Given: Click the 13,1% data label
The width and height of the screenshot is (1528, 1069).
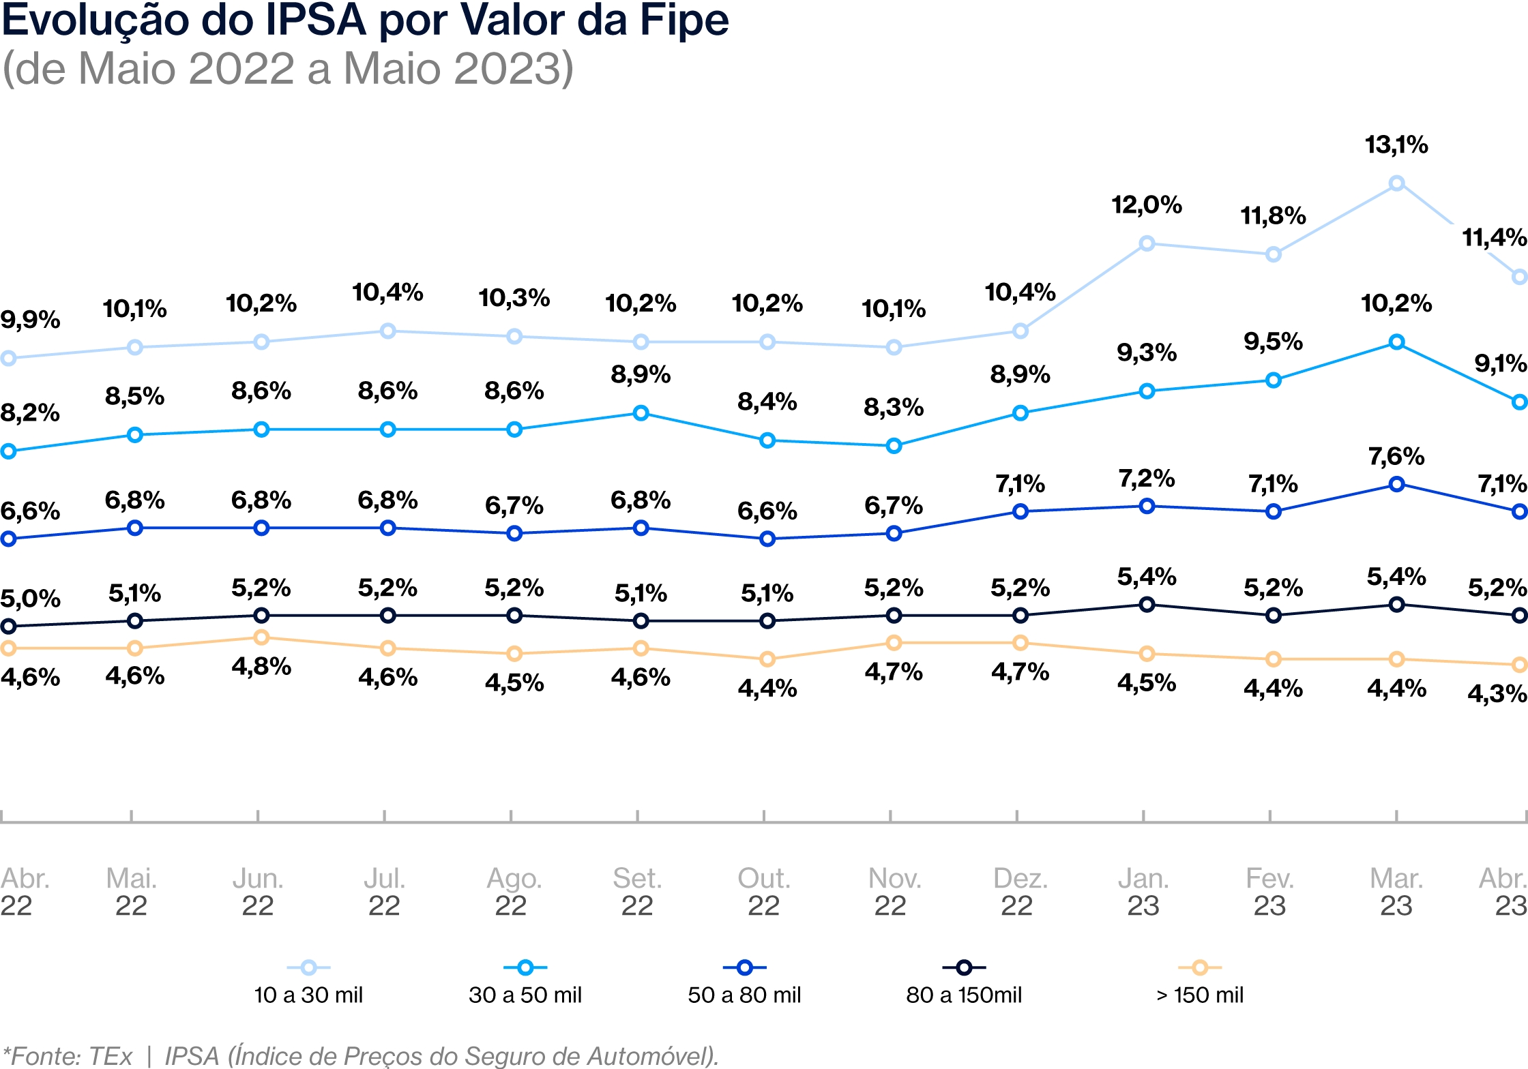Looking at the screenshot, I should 1396,145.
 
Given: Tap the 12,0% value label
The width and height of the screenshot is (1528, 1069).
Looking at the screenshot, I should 1147,205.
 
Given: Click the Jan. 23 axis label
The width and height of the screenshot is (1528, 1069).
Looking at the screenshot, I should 1143,892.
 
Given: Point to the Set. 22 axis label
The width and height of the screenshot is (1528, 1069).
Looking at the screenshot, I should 637,892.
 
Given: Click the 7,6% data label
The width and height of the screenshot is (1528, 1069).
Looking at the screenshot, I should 1396,456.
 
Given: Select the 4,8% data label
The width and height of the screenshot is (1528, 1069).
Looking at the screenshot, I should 261,666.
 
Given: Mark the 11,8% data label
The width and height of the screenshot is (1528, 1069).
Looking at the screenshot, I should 1273,216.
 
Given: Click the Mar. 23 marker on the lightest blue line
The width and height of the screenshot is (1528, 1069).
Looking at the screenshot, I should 1396,183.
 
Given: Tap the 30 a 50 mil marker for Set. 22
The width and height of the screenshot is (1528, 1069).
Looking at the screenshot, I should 641,413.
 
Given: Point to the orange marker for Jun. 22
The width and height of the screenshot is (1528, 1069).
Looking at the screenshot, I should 261,637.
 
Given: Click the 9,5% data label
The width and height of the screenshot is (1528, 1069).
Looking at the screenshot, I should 1273,341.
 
